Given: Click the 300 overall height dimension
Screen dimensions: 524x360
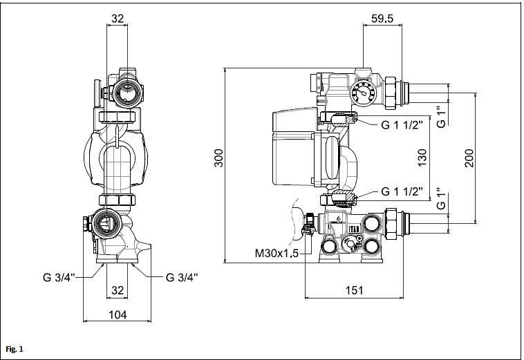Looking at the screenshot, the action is click(x=218, y=158).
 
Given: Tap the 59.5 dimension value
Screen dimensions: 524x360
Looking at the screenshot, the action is click(x=382, y=19).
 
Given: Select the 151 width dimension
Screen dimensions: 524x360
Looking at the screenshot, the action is click(x=354, y=290).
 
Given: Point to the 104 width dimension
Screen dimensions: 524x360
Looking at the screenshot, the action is click(x=118, y=314).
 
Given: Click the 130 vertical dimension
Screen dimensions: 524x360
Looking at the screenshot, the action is click(x=422, y=158).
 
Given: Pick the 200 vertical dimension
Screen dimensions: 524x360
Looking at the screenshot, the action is click(x=469, y=158).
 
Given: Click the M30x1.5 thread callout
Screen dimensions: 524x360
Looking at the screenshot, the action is click(x=277, y=253).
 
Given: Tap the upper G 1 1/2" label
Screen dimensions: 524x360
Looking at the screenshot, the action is click(x=402, y=125).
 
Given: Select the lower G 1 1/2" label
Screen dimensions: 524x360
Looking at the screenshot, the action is click(x=402, y=191).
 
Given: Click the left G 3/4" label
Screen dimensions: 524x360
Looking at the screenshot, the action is click(x=59, y=277).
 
